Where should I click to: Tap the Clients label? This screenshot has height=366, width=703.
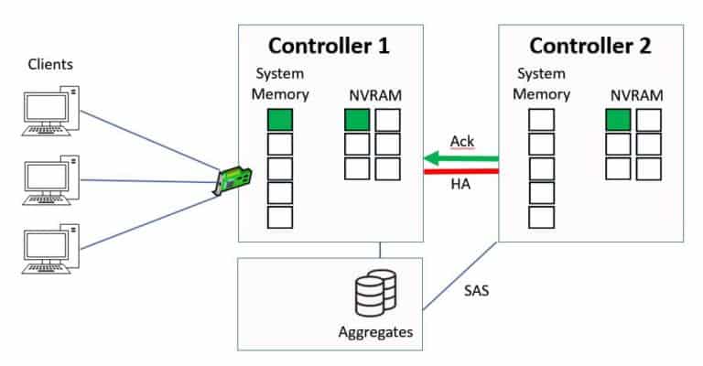coord(50,64)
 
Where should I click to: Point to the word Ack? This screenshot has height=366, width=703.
coord(462,141)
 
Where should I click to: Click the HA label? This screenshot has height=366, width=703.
coord(460,186)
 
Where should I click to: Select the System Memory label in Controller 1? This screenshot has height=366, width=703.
coord(280,83)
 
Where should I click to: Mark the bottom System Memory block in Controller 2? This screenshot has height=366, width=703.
coord(542,217)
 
